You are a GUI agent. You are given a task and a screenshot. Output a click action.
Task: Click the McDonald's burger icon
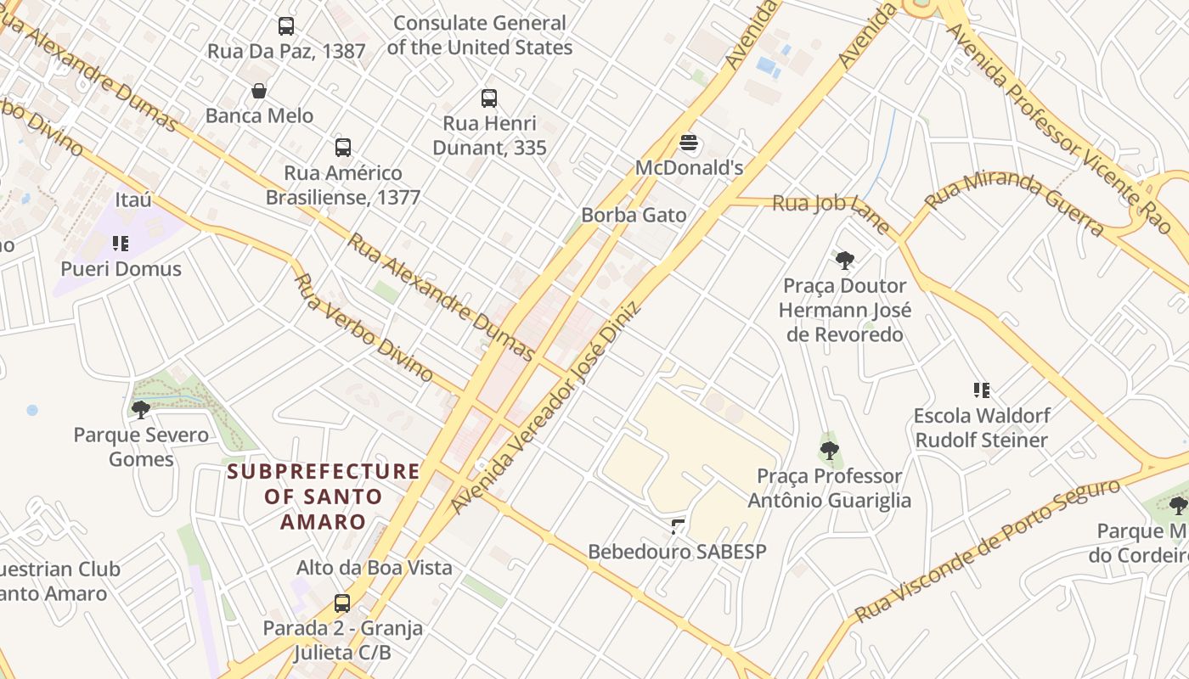pos(689,143)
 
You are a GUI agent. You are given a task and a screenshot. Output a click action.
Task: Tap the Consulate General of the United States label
pos(480,36)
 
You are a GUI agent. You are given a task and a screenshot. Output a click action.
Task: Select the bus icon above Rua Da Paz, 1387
pos(286,26)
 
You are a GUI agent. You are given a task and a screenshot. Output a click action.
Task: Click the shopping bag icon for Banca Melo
pos(259,91)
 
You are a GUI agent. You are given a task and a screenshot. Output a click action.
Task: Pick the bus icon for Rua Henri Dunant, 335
pos(489,98)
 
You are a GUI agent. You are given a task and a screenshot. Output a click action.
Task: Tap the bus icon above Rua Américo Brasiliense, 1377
pos(343,148)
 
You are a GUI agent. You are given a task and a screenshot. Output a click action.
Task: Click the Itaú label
pos(133,199)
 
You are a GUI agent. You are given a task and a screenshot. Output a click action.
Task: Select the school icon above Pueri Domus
pos(121,244)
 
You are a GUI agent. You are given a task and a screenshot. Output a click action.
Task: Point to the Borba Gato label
pos(634,215)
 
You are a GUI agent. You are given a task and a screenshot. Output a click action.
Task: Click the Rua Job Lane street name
pos(831,212)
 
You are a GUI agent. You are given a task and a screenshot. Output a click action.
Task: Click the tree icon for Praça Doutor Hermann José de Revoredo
pos(844,261)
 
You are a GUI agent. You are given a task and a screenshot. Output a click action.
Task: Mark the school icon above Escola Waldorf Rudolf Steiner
pos(982,390)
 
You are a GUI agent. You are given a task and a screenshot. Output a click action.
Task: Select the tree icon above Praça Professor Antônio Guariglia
pos(830,451)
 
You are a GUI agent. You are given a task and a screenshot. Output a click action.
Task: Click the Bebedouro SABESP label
pos(677,552)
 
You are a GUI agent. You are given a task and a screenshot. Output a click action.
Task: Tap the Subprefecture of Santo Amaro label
pos(324,497)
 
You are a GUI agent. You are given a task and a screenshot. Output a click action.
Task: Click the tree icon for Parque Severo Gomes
pos(141,410)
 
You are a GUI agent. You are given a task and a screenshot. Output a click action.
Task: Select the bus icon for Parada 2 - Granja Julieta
pos(342,603)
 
